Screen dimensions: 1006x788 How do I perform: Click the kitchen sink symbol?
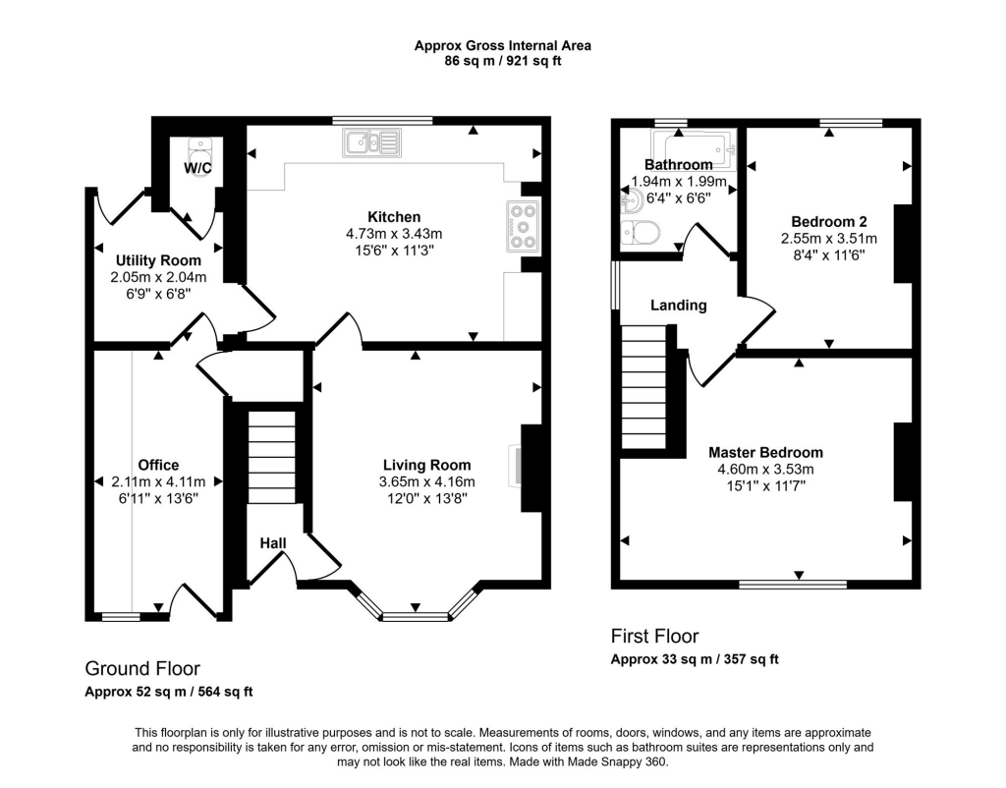coord(372,142)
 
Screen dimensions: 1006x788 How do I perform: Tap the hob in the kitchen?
coord(523,226)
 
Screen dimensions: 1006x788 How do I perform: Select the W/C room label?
coord(197,168)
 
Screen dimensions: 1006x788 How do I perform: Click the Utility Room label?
coord(158,260)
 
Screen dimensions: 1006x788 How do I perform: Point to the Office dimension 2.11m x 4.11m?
coord(158,481)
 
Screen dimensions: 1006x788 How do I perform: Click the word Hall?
coord(273,543)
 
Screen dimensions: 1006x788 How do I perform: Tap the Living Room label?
coord(427,465)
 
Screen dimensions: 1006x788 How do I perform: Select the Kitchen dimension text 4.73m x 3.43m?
coord(395,234)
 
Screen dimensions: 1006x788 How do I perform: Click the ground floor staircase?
coord(272,457)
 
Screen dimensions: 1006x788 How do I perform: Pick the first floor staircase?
coord(644,387)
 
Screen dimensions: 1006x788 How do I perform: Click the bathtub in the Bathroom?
coord(693,149)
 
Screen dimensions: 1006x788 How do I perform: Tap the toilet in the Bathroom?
coord(640,232)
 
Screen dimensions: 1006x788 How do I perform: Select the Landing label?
coord(679,306)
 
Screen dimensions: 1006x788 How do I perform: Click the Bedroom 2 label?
coord(829,222)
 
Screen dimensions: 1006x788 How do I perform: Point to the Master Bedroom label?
coord(765,452)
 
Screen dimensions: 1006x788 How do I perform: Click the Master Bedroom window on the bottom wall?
coord(793,584)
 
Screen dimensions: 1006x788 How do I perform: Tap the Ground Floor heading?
coord(142,669)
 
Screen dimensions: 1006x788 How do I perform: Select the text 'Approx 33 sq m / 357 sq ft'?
coord(695,659)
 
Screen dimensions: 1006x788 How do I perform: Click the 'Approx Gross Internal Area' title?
coord(502,45)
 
